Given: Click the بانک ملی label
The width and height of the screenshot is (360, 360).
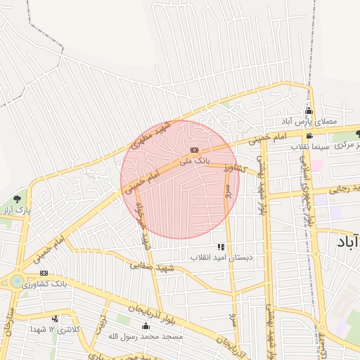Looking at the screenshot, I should click(195, 161).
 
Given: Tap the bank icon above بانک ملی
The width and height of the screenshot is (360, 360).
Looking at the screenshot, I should click(195, 150).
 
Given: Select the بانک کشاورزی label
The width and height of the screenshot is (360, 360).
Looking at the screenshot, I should click(44, 285).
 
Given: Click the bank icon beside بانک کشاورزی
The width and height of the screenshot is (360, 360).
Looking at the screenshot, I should click(44, 274).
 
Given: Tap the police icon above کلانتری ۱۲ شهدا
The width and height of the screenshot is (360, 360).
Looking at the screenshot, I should click(55, 319).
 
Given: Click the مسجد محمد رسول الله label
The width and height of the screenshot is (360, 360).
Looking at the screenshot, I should click(146, 337).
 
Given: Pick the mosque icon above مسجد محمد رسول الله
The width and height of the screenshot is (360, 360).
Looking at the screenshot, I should click(146, 326).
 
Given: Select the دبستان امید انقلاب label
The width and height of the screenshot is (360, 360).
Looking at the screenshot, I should click(220, 258).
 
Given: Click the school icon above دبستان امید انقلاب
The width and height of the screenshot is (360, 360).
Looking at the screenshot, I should click(221, 247).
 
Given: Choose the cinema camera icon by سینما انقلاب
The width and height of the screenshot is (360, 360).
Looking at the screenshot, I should click(309, 136).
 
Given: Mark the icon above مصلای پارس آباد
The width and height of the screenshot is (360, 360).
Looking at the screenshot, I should click(309, 111).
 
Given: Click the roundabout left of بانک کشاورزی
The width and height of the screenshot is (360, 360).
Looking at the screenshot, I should click(15, 281).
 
